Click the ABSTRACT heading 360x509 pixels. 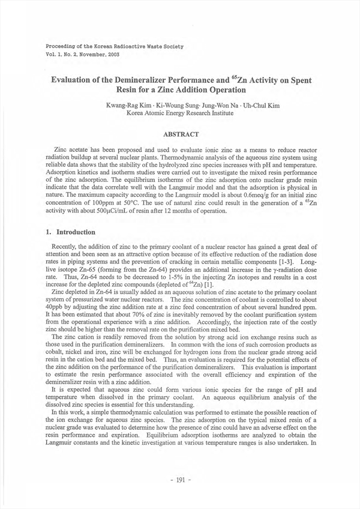[180, 133]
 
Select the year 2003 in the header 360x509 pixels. [112, 54]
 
